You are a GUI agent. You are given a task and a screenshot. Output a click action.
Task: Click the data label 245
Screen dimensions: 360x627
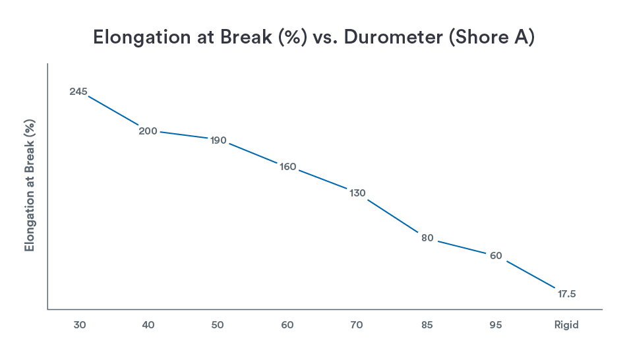[78, 92]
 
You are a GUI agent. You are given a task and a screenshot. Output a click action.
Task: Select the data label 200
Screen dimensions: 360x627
[148, 131]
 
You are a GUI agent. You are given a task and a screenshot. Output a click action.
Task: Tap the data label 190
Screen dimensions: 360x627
[218, 140]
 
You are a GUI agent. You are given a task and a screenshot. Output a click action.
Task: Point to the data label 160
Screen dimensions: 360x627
[288, 167]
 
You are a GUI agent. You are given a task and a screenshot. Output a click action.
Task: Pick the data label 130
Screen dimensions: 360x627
[357, 193]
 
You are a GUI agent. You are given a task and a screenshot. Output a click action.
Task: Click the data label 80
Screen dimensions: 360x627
[427, 238]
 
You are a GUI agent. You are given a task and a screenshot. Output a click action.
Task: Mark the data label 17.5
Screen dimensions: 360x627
[567, 294]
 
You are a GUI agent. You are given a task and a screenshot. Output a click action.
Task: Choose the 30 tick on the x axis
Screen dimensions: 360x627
[78, 325]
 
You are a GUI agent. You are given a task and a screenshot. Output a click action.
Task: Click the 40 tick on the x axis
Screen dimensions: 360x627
[148, 325]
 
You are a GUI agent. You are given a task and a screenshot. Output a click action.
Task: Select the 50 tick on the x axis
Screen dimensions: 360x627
[218, 325]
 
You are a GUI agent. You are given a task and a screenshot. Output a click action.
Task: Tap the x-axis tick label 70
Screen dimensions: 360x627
[357, 325]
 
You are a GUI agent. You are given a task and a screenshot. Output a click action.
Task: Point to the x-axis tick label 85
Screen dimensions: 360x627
[427, 325]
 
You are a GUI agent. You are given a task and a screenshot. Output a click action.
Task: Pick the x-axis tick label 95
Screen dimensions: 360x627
[496, 325]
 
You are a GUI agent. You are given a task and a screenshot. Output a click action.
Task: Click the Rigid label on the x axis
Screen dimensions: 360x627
[566, 325]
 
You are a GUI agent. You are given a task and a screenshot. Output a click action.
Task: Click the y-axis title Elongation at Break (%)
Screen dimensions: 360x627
[30, 185]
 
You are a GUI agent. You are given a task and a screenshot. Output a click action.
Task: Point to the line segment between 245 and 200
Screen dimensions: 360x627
[113, 110]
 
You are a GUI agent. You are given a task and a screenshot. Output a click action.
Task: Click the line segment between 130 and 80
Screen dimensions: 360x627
[393, 215]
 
